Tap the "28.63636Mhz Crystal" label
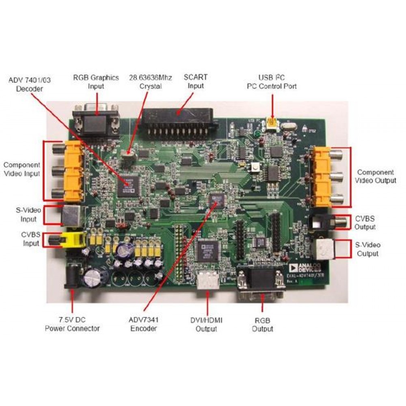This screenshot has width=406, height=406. tap(145, 82)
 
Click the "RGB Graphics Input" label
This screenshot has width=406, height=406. tap(96, 81)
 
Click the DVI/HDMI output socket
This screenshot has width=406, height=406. tap(208, 281)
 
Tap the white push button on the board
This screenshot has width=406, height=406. tap(256, 168)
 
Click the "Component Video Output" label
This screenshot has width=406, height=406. tap(376, 176)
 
